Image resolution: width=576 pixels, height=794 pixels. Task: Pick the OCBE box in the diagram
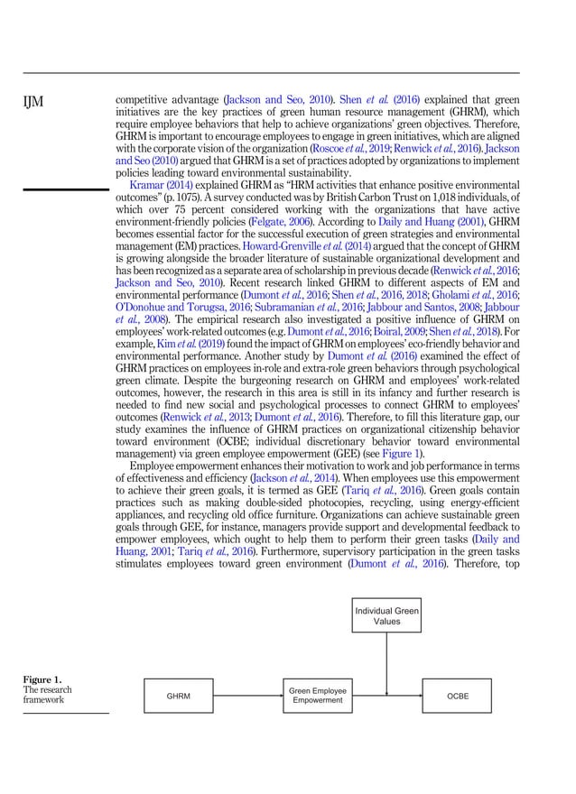click(x=458, y=696)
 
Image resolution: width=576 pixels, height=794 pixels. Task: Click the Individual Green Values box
click(x=386, y=616)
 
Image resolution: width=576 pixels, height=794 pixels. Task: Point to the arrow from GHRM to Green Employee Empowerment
click(x=247, y=696)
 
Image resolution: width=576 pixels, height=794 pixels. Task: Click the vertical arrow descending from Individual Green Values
click(x=386, y=659)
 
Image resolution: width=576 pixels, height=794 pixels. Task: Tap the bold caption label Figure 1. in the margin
click(x=43, y=679)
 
